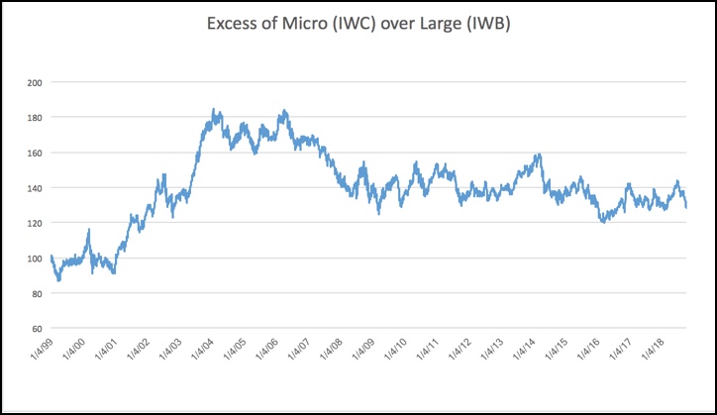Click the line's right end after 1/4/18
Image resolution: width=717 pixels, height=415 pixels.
[686, 206]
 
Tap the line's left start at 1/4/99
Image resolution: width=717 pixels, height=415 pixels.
[51, 257]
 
